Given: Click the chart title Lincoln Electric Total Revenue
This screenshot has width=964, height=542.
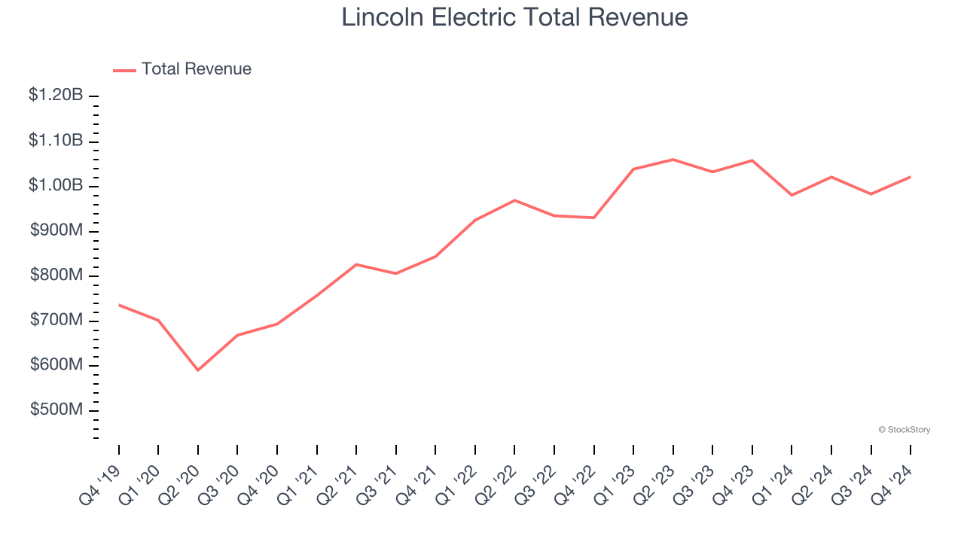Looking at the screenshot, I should [514, 17].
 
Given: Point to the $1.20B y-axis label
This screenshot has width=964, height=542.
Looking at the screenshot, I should [56, 96].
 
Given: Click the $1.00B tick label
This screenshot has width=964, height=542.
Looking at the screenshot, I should [56, 185].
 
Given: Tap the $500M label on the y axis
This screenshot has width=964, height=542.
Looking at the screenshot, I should [56, 410].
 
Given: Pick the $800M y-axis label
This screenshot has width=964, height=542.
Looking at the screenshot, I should [56, 276].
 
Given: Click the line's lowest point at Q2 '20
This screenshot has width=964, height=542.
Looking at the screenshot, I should [198, 370].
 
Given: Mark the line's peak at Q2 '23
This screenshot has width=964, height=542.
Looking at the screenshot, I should [673, 159].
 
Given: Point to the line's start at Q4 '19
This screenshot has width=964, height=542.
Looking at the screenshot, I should [119, 305].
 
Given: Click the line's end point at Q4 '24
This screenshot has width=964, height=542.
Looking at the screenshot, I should [911, 177].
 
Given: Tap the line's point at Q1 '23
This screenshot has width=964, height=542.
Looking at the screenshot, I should [633, 169].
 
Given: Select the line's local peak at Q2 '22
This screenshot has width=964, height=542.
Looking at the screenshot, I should [514, 200].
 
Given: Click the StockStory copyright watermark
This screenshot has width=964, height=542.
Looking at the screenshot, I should [904, 430].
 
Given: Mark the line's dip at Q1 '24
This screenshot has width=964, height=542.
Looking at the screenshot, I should [792, 195].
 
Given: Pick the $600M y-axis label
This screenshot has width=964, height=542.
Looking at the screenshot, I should [56, 365].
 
